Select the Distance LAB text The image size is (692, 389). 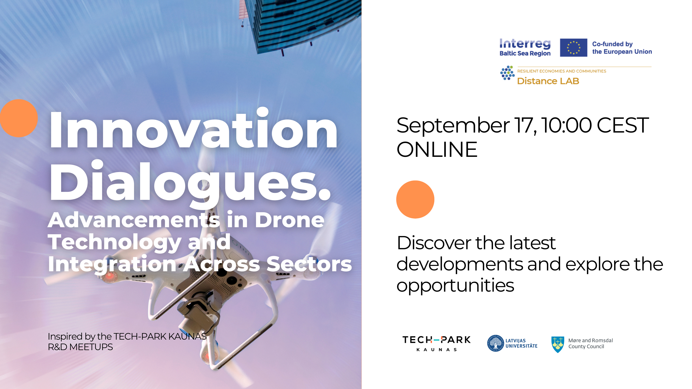[x=548, y=81]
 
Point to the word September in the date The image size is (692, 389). [x=453, y=126]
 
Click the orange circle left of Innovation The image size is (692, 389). [x=19, y=118]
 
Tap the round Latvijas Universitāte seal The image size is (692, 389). [x=496, y=343]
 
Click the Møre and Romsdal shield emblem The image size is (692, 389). [x=558, y=344]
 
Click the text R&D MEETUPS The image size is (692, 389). [x=80, y=347]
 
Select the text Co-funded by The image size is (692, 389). [x=612, y=44]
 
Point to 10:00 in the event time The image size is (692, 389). [x=566, y=125]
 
